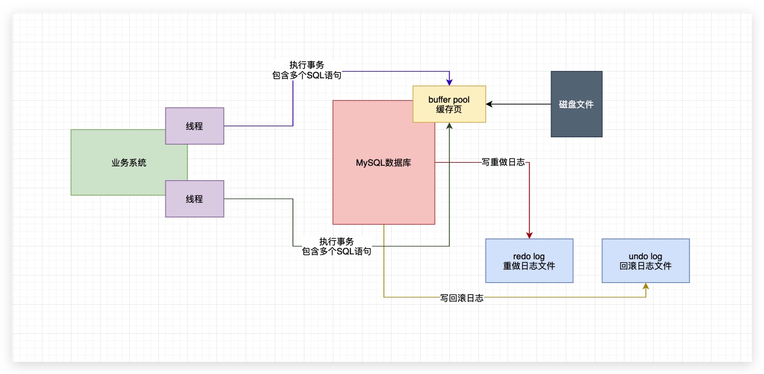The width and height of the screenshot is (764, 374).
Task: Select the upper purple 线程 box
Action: [x=195, y=126]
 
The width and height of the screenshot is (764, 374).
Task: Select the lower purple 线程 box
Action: [x=195, y=199]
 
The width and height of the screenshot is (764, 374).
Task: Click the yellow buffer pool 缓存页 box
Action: [x=449, y=104]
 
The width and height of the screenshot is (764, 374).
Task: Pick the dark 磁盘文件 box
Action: [x=576, y=104]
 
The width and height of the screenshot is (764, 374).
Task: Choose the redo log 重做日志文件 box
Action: [x=529, y=260]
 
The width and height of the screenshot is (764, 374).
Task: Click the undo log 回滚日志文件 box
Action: [x=645, y=260]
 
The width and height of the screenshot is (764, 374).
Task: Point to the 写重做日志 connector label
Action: [x=503, y=163]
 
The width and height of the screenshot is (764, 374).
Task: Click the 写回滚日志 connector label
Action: [x=461, y=298]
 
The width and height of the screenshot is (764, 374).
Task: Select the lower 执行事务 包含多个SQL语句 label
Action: [x=337, y=246]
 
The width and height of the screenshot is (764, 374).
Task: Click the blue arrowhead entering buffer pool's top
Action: [x=449, y=82]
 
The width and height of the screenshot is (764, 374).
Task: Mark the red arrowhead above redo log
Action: [x=529, y=235]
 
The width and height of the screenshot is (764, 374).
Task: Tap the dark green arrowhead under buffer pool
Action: [x=449, y=126]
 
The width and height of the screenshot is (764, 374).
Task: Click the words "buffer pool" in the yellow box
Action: [x=449, y=99]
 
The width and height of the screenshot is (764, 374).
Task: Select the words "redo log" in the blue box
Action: [x=529, y=256]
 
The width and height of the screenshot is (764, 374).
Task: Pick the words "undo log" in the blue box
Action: [x=645, y=256]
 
